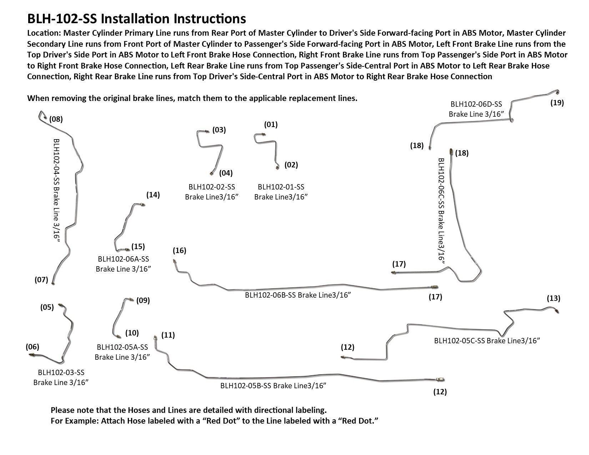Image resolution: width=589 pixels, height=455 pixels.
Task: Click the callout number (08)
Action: pos(56,119)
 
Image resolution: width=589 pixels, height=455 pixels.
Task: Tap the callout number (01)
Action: pos(271,125)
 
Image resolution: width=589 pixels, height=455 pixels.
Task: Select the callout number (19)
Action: pos(557,103)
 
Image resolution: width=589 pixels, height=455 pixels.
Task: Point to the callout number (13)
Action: pos(553,298)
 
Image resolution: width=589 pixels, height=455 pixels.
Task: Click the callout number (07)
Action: pos(41,279)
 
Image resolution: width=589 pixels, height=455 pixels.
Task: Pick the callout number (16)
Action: pos(179,251)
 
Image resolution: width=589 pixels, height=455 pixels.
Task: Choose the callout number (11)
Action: pos(168,335)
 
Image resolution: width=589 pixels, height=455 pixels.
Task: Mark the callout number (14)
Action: pos(153,195)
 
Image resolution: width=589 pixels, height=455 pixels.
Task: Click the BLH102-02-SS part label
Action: pos(211,187)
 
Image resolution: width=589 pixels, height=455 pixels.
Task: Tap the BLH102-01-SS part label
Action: pos(281,187)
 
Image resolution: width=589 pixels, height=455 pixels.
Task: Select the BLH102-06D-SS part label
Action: pos(476,104)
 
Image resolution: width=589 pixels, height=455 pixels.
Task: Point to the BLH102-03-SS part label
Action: pos(61,373)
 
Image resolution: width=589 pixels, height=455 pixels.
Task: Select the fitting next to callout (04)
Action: pos(211,173)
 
